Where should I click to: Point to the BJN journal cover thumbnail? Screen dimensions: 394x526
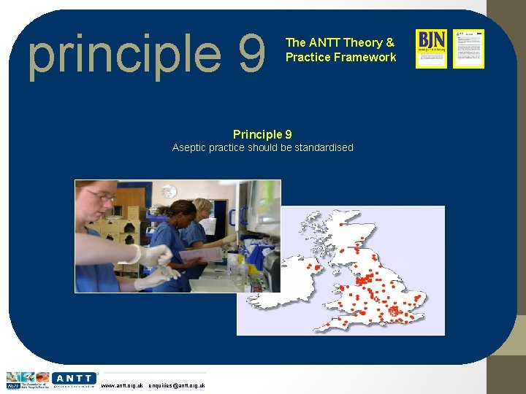(431, 49)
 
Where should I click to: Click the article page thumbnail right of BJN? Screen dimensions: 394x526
(468, 49)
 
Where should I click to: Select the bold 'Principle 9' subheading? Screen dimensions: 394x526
(262, 134)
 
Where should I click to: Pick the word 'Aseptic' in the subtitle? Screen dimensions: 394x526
(189, 147)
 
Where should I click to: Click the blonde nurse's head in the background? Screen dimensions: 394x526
(202, 209)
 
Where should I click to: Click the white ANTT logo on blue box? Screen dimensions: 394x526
(74, 379)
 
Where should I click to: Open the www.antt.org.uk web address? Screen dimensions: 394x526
(121, 385)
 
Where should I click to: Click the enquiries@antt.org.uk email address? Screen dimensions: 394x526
(176, 385)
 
